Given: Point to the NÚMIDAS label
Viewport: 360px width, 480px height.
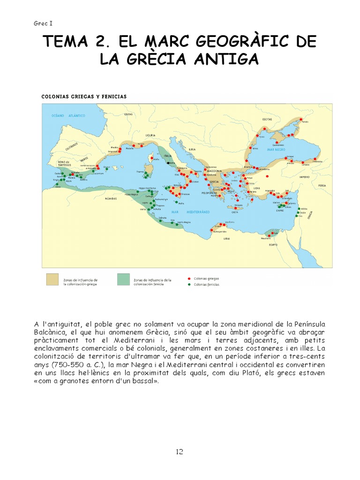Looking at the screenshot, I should [x=112, y=199].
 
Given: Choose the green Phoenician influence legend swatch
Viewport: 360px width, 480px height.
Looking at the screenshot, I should [x=124, y=279].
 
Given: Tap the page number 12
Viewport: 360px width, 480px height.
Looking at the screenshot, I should [x=180, y=452].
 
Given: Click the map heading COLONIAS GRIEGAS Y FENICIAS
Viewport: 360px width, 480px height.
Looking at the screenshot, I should [x=84, y=97].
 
